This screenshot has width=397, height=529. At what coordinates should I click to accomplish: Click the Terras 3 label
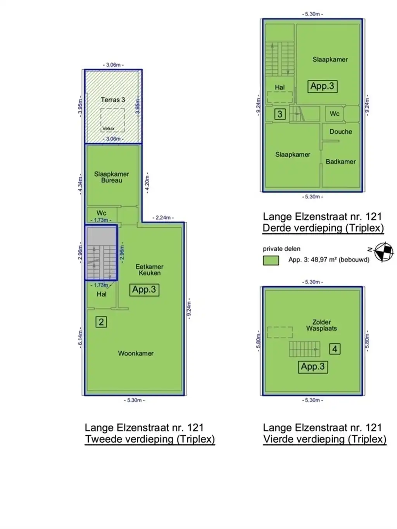tap(113, 100)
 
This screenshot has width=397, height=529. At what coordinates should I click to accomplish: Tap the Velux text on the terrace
tap(108, 129)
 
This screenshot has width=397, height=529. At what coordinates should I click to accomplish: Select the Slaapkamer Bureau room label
tap(112, 177)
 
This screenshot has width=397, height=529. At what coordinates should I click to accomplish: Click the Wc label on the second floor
tap(101, 213)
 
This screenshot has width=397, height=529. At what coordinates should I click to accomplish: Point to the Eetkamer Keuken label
tap(149, 270)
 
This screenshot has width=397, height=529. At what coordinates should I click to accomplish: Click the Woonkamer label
tap(136, 353)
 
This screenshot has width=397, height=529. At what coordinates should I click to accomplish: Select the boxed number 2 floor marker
tap(101, 322)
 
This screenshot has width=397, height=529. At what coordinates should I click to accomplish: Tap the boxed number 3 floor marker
tap(280, 114)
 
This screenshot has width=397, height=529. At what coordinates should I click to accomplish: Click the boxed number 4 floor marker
tap(335, 349)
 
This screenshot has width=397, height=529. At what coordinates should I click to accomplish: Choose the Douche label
tap(340, 132)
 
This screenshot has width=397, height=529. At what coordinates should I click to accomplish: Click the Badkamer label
tap(340, 162)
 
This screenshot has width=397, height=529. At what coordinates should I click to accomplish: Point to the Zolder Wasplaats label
tap(321, 325)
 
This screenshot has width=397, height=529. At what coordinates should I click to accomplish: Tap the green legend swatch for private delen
tap(271, 260)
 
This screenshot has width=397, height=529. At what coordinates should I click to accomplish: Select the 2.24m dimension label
tap(163, 218)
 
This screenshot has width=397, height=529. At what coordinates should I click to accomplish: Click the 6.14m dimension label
tap(80, 338)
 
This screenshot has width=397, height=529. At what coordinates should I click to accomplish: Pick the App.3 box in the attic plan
tap(313, 367)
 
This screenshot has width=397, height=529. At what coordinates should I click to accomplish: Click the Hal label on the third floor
tap(280, 88)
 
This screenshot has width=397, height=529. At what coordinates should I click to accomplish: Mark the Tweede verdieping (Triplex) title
tap(150, 439)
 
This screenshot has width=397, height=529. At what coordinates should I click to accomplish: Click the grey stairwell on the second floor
tap(101, 253)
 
